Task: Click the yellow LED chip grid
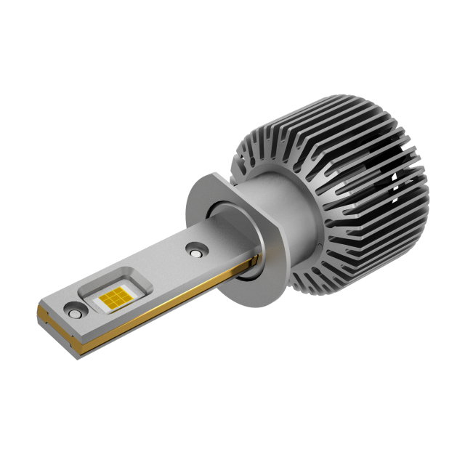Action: click(x=113, y=297)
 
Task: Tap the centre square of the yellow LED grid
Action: click(x=113, y=297)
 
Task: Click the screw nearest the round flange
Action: click(x=194, y=250)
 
